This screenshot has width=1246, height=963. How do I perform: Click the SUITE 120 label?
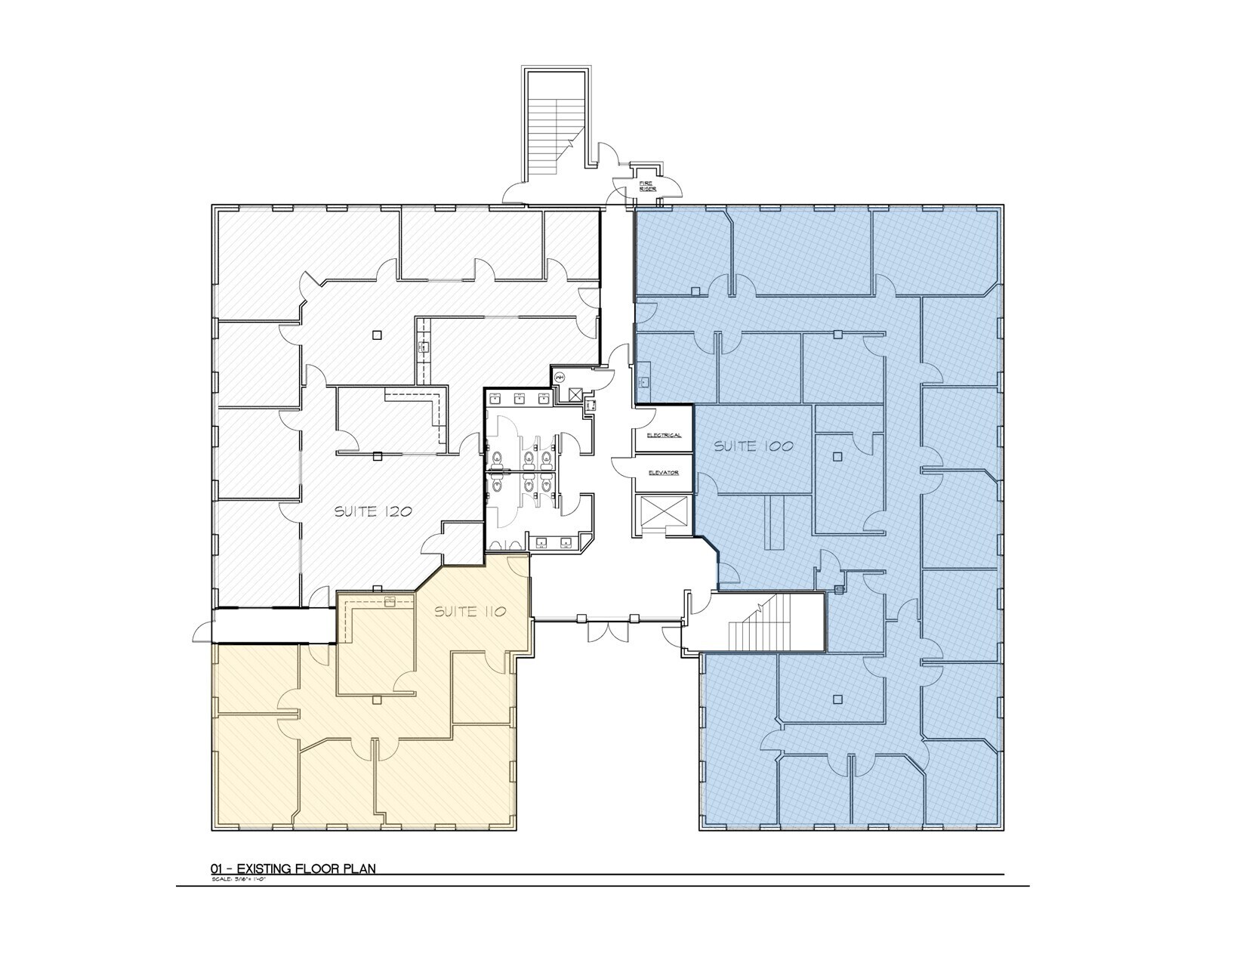[x=373, y=511]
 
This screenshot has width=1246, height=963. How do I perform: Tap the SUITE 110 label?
[x=469, y=612]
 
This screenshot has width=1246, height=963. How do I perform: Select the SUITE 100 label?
[x=753, y=446]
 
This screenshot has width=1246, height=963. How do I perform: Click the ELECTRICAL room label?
[x=664, y=436]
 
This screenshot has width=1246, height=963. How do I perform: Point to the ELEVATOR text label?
[x=664, y=473]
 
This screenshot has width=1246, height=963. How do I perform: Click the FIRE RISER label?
[x=647, y=186]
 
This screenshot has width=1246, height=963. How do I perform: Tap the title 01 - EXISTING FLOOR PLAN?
[x=293, y=869]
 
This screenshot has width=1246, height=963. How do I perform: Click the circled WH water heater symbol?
[x=560, y=377]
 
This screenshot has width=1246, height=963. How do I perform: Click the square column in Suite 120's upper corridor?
[x=377, y=335]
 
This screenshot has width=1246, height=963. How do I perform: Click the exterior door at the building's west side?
[x=202, y=631]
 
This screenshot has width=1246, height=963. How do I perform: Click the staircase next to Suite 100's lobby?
[x=755, y=622]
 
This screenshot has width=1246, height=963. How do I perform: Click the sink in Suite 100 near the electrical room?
[x=645, y=380]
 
